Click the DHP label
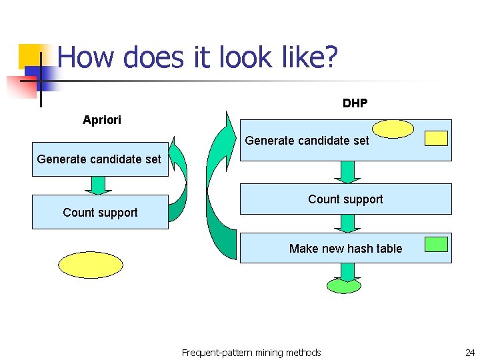(355, 103)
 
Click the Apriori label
(101, 120)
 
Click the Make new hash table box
(345, 248)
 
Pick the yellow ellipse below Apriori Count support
(91, 265)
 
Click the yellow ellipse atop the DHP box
(393, 129)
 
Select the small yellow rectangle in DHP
(437, 138)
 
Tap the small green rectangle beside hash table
(437, 244)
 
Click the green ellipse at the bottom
(344, 286)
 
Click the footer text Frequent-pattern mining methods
(251, 353)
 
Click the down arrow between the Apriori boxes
(99, 185)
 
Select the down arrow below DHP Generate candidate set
(347, 172)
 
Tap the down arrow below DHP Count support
(347, 223)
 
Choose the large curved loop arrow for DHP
(219, 193)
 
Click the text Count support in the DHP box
(345, 199)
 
